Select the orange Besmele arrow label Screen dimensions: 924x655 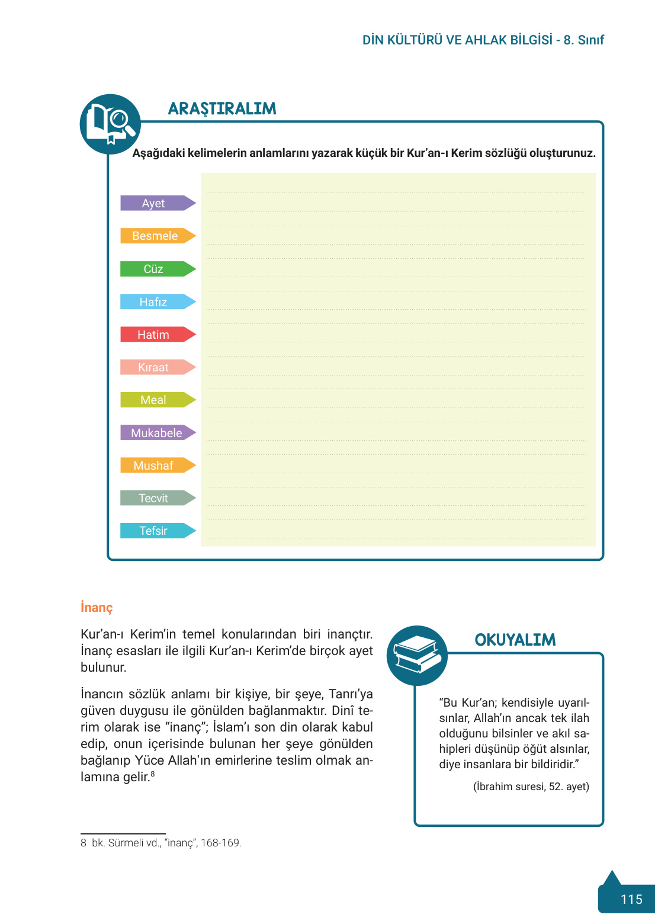coord(155,236)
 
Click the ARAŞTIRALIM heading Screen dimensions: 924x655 coord(222,109)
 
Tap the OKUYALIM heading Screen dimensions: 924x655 coord(515,640)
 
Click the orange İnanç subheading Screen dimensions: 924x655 coord(97,608)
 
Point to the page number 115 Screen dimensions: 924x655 coord(631,900)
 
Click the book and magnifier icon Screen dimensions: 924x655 coord(110,124)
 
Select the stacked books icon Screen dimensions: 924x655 coord(417,655)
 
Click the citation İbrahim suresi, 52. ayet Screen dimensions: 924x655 coord(531,787)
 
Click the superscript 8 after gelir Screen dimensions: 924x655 coord(153,774)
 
